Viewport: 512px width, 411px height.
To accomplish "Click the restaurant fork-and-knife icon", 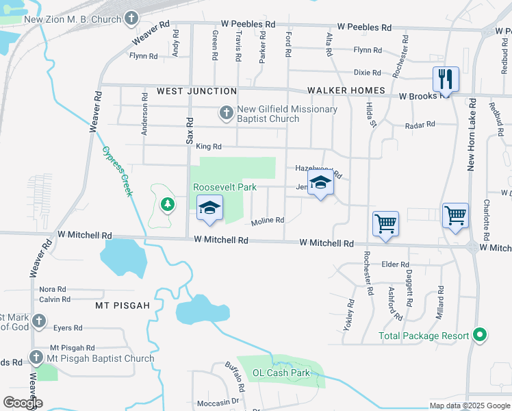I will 446,78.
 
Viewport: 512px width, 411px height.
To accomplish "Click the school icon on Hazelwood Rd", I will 320,183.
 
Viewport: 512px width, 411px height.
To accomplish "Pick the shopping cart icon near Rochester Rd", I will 385,223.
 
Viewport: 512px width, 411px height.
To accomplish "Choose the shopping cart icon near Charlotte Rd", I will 455,215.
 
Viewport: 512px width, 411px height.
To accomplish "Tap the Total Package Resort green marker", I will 480,336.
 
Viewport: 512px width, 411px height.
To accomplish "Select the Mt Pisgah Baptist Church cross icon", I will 37,358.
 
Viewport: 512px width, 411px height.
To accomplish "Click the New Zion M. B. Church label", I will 73,20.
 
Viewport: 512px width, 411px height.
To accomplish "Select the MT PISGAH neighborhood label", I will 122,306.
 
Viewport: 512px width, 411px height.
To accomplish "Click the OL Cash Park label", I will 281,373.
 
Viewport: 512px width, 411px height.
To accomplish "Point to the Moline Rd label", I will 267,221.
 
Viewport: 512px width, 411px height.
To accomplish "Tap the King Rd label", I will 209,147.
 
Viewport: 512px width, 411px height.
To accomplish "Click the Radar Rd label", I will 420,125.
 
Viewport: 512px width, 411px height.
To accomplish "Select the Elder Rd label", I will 395,264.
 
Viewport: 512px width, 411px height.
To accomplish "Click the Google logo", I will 23,403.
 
